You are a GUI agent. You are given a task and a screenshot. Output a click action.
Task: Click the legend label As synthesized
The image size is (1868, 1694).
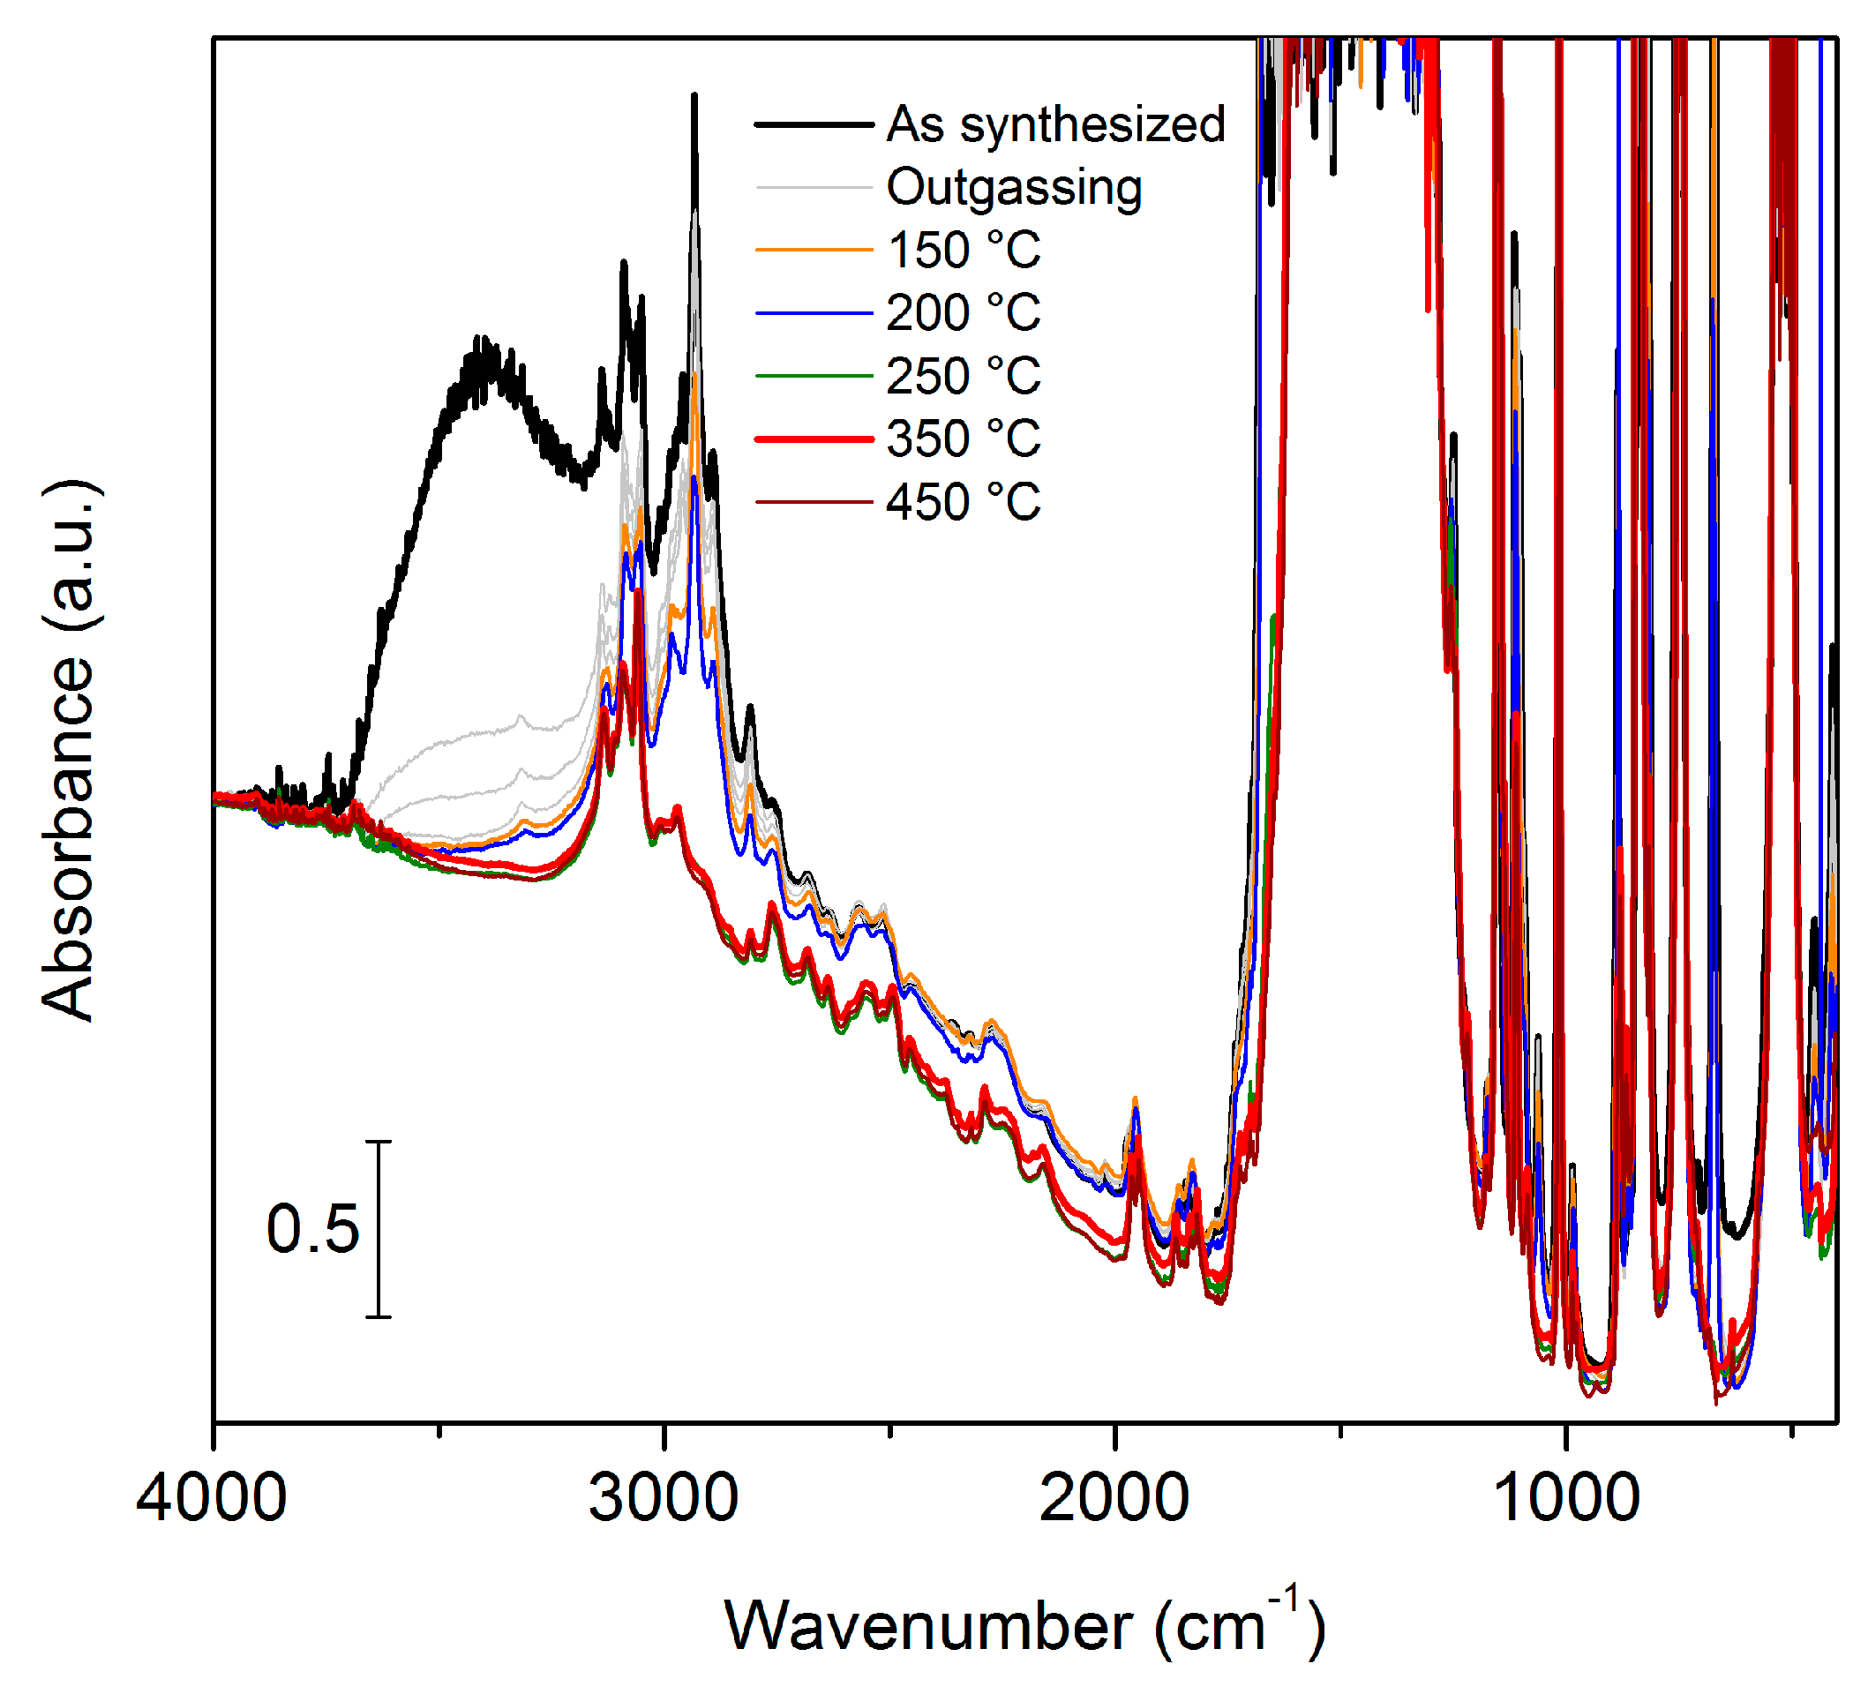pos(1055,124)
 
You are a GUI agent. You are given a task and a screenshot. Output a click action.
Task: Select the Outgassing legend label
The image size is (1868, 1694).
pos(1014,187)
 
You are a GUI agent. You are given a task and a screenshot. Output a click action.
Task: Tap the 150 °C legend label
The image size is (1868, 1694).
pos(964,251)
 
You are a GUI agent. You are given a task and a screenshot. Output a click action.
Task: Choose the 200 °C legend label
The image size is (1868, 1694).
pos(964,313)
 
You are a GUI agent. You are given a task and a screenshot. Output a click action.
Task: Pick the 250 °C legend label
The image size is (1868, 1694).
pos(964,376)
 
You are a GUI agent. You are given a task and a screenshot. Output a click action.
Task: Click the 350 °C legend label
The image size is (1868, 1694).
pos(964,438)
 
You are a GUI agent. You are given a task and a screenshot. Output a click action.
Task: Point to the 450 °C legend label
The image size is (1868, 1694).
pos(964,502)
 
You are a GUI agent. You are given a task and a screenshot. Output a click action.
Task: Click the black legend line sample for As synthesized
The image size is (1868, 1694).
pos(814,124)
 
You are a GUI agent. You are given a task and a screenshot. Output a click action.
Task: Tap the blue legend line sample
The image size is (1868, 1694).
pos(814,313)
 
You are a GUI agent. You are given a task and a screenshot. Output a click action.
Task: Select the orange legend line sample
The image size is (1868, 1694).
pos(814,251)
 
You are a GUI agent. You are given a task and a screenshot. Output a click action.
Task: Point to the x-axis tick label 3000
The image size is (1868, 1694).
pos(664,1498)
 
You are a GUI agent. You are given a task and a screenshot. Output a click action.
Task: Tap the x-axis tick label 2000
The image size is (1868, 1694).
pos(1114,1498)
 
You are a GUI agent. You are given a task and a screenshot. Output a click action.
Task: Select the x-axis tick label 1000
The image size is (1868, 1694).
pos(1566,1498)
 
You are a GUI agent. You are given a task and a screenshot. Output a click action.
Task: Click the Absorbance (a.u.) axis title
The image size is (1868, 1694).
pos(70,751)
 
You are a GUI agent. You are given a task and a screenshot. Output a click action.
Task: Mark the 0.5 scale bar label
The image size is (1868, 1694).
pos(312,1230)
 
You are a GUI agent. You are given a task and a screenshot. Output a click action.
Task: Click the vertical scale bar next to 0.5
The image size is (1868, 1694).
pos(378,1229)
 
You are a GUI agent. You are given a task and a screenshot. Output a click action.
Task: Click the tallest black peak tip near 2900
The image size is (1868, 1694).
pos(694,96)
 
